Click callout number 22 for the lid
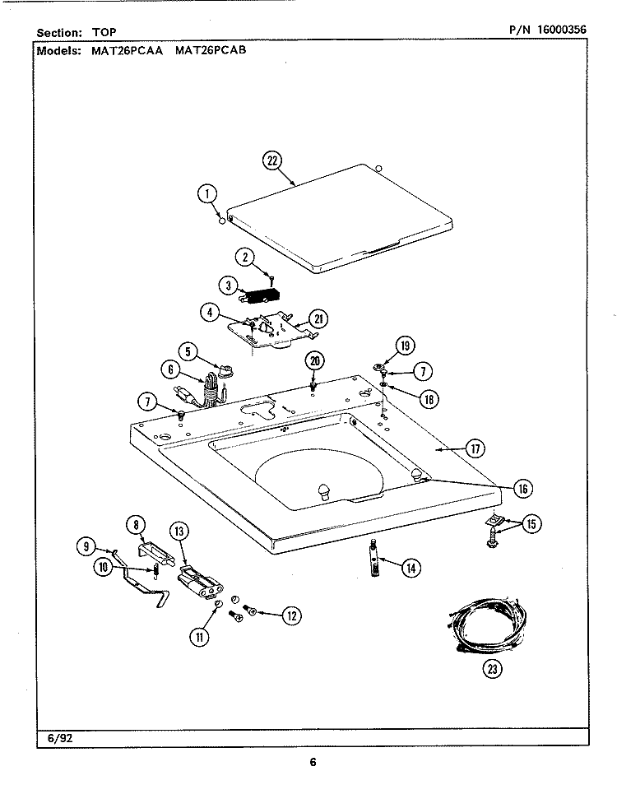pyautogui.click(x=272, y=160)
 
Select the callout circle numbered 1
pyautogui.click(x=208, y=195)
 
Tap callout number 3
pyautogui.click(x=228, y=286)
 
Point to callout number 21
pyautogui.click(x=318, y=319)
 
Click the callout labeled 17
pyautogui.click(x=475, y=448)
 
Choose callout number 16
pyautogui.click(x=522, y=488)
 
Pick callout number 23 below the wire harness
pyautogui.click(x=492, y=668)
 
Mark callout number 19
pyautogui.click(x=405, y=346)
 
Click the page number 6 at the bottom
pyautogui.click(x=313, y=762)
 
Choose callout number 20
pyautogui.click(x=313, y=360)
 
